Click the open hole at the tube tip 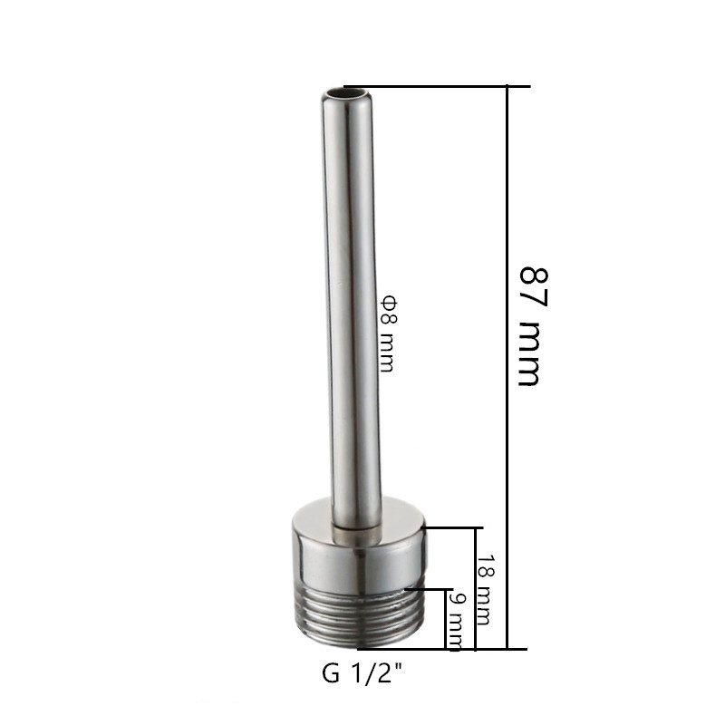[346, 92]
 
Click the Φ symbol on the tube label [386, 299]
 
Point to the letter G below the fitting [329, 674]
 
